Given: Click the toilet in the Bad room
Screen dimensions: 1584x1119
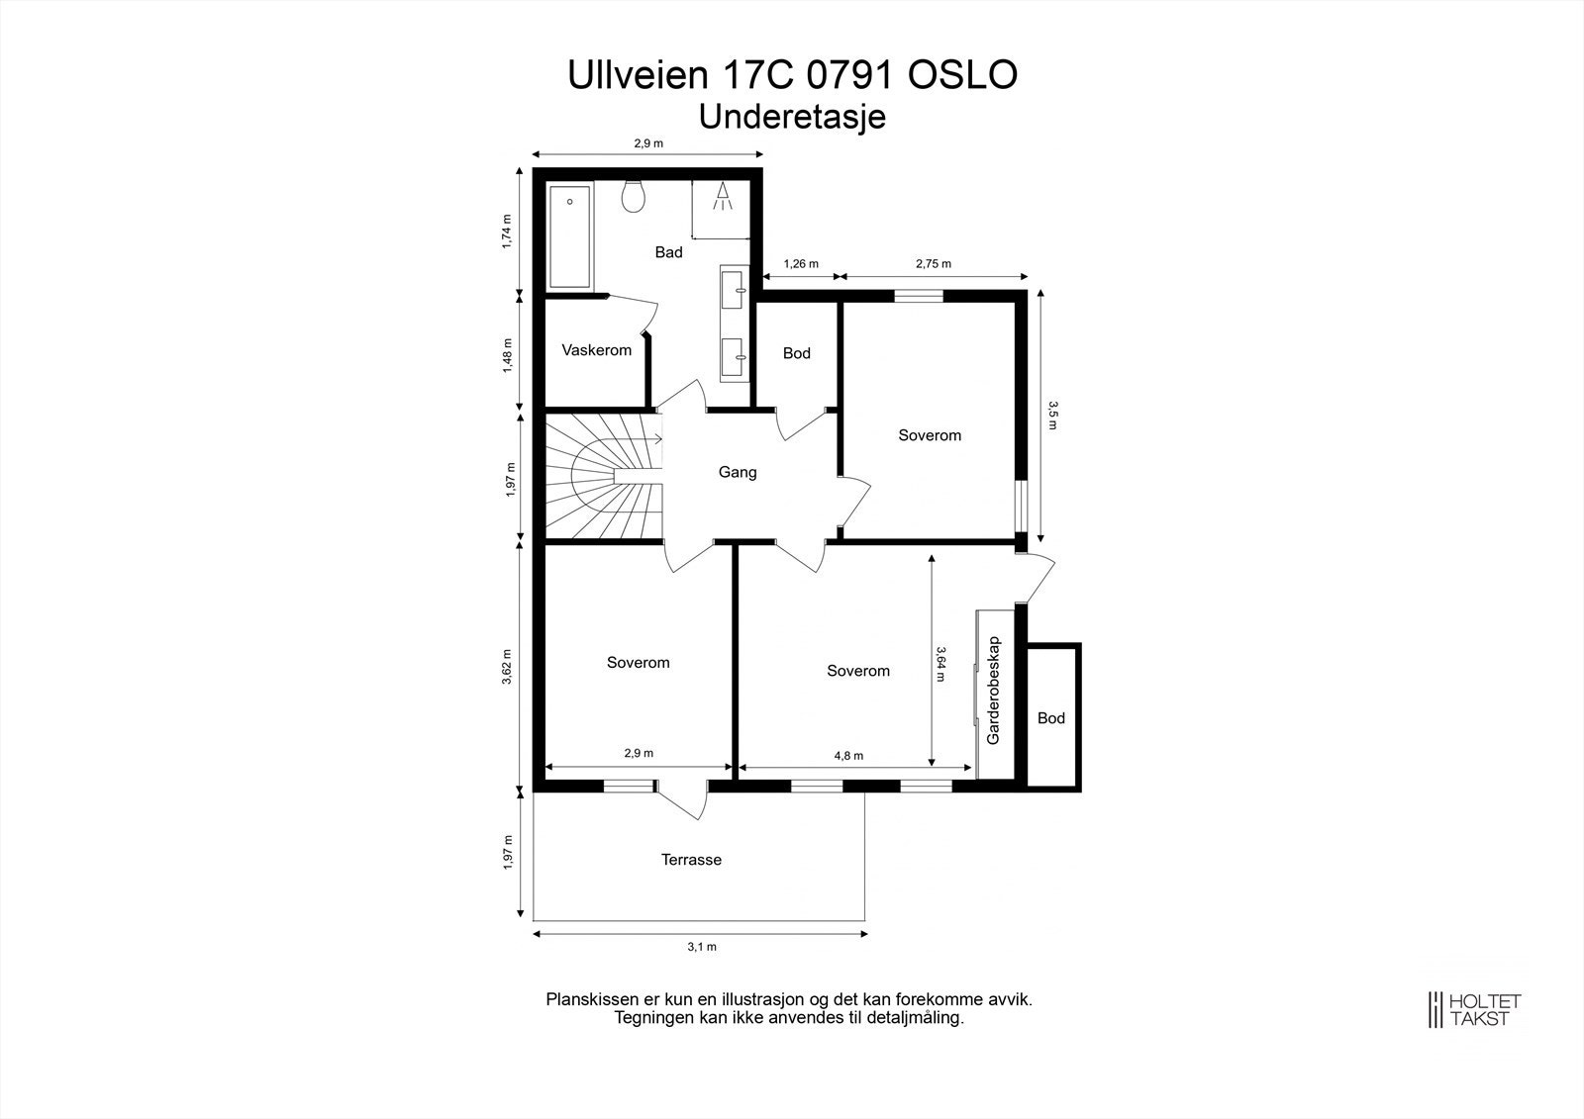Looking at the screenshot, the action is [634, 196].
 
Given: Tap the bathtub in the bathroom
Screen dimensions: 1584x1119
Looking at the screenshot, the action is [569, 236].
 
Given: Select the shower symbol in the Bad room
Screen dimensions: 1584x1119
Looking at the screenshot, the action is [723, 197].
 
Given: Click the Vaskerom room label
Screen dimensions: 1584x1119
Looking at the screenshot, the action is [596, 350].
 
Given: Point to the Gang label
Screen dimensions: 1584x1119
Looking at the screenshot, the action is [738, 472].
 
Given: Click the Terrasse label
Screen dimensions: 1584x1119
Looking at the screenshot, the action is [692, 860].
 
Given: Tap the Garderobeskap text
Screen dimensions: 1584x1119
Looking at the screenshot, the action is [994, 690].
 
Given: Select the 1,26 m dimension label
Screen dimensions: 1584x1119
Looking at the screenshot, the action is [801, 263].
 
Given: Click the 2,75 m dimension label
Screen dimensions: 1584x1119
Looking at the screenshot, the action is [934, 263].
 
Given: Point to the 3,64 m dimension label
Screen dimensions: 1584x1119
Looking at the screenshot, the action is [940, 664].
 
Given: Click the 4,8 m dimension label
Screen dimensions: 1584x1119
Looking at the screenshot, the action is [848, 756].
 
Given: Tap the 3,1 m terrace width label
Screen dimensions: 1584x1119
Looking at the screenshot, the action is [702, 947].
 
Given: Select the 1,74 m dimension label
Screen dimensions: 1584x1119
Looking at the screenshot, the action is [506, 232].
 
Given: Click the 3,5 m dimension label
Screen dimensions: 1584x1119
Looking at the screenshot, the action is [1052, 416].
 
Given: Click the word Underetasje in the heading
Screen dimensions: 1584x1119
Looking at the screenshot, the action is [792, 117].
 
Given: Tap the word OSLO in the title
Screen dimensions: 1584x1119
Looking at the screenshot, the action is [962, 75].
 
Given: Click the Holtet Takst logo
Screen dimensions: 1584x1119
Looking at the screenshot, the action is [1474, 1009].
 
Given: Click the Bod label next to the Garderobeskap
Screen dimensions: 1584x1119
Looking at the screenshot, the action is [1050, 718].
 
